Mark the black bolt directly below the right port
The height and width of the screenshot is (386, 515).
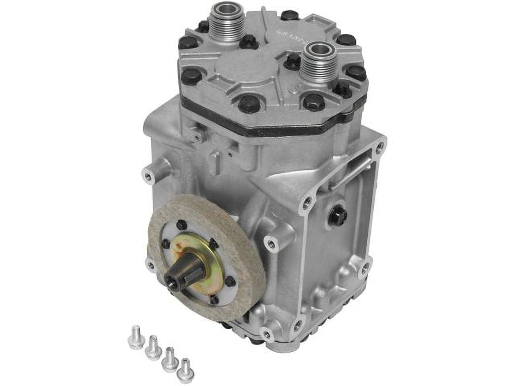[314, 102]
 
